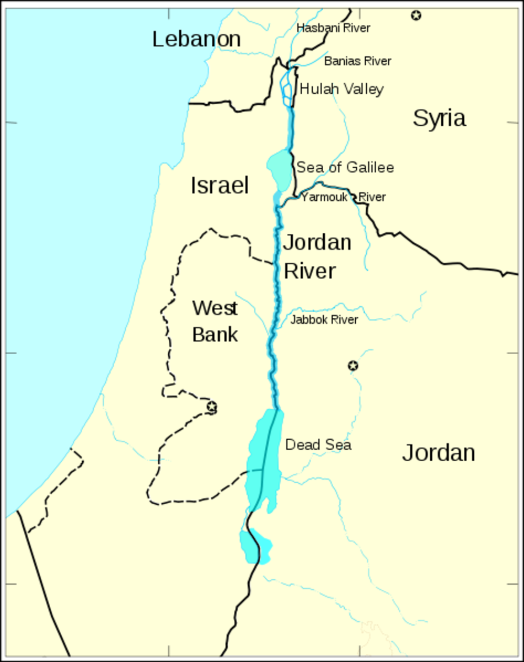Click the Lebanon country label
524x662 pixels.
coord(196,39)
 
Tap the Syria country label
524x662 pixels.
coord(439,118)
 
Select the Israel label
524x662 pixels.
coord(220,185)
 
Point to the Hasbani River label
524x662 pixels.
coord(333,28)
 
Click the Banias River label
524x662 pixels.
coord(357,61)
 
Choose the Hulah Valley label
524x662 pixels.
coord(341,89)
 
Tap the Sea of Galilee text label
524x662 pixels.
coord(345,167)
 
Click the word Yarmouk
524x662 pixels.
coord(324,197)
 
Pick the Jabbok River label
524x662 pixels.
coord(324,319)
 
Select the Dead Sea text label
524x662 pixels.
coord(318,445)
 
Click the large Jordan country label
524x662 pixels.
coord(439,453)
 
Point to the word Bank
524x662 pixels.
coord(215,334)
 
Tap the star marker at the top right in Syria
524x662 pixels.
coord(416,15)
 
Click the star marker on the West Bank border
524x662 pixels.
coord(211,407)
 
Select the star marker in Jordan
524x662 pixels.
coord(353,365)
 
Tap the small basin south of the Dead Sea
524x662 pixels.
coord(255,546)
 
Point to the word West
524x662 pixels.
coord(215,308)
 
